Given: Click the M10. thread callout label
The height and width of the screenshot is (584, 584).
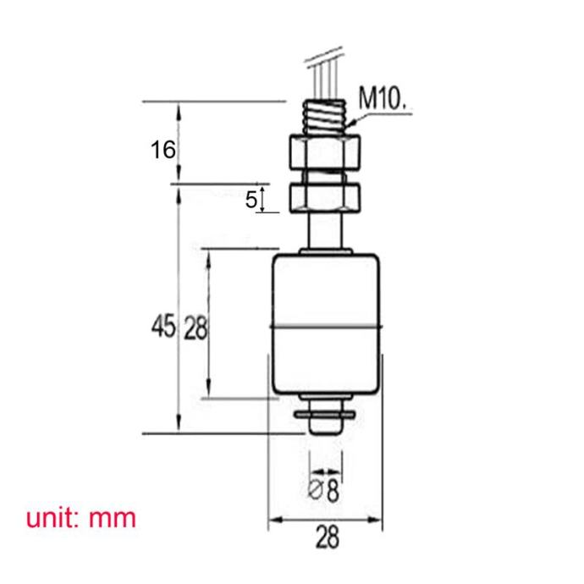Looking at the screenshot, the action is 382,98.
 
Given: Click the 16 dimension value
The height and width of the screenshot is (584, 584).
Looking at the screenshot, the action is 163,150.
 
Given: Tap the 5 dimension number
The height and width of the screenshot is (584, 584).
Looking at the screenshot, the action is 251,200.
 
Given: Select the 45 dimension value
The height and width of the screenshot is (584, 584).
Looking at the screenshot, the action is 163,325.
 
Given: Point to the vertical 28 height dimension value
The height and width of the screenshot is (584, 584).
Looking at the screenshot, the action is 196,328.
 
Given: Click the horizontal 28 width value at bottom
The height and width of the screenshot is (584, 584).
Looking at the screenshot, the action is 328,537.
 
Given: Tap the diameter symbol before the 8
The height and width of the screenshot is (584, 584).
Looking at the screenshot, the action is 315,489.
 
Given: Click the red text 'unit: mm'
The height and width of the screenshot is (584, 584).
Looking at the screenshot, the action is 81,518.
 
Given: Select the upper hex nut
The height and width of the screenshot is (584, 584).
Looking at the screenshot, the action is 325,152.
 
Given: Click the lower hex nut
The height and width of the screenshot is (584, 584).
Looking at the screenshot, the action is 325,198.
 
